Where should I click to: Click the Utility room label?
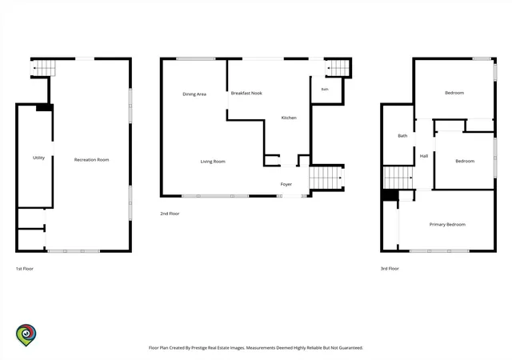(x=38, y=158)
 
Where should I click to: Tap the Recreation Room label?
(x=91, y=160)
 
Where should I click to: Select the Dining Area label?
(x=194, y=94)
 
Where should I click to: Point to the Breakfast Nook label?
(x=246, y=93)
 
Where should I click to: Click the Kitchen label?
(x=289, y=118)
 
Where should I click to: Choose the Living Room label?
(x=213, y=162)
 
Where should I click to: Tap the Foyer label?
(x=286, y=184)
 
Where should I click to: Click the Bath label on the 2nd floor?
(x=325, y=89)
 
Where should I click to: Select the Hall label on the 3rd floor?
(x=424, y=156)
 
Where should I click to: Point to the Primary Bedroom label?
(x=447, y=225)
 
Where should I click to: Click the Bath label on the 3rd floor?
(x=402, y=135)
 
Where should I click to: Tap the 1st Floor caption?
(x=25, y=269)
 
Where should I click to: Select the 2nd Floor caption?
(x=170, y=214)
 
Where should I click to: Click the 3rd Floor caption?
(x=390, y=269)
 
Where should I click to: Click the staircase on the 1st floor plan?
(x=43, y=68)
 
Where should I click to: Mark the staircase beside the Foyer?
(x=326, y=178)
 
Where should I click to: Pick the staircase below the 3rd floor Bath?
(x=398, y=178)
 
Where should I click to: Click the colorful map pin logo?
(x=26, y=335)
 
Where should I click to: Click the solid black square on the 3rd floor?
(x=390, y=195)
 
